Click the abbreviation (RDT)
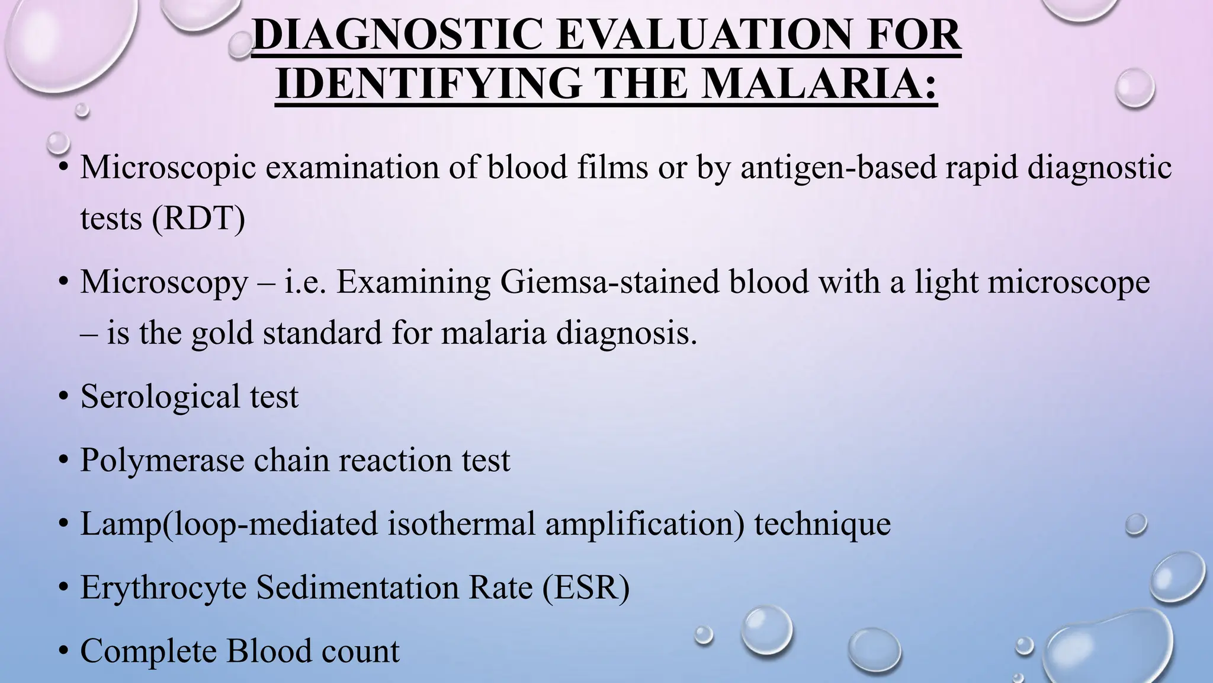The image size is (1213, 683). click(198, 218)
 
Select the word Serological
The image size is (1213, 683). click(160, 396)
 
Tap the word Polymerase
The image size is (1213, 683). click(162, 460)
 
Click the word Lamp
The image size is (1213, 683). click(120, 524)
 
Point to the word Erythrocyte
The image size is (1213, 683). click(163, 588)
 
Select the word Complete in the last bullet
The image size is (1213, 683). click(149, 650)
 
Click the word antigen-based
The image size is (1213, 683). click(837, 168)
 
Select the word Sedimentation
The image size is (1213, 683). click(357, 587)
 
